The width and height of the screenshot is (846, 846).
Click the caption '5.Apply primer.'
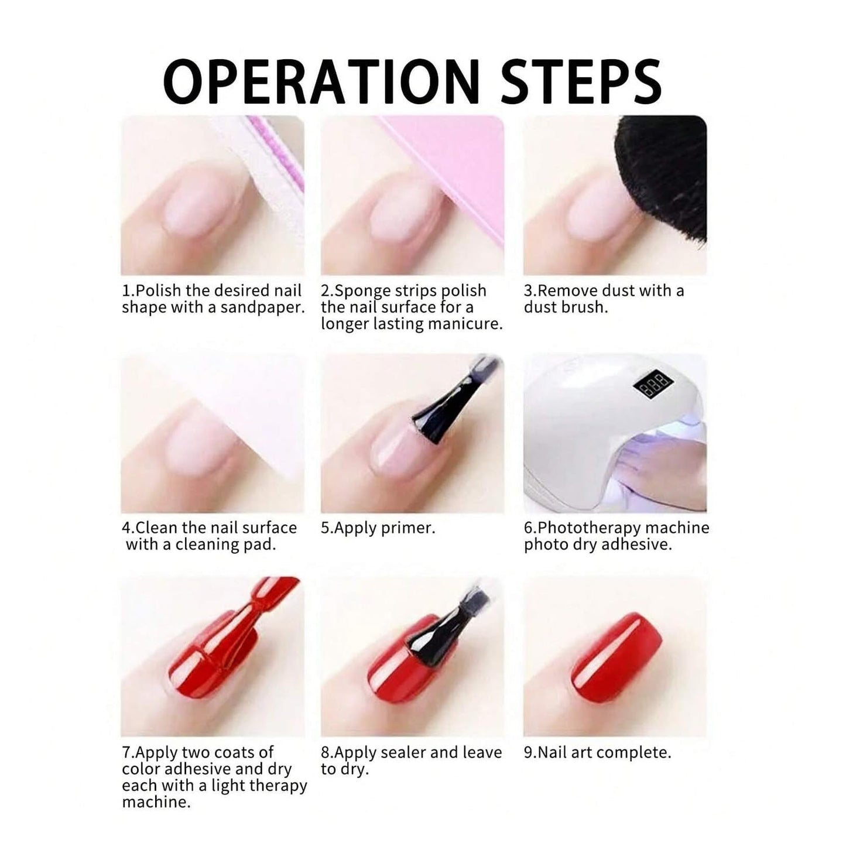378,528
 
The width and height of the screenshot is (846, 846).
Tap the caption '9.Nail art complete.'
597,752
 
